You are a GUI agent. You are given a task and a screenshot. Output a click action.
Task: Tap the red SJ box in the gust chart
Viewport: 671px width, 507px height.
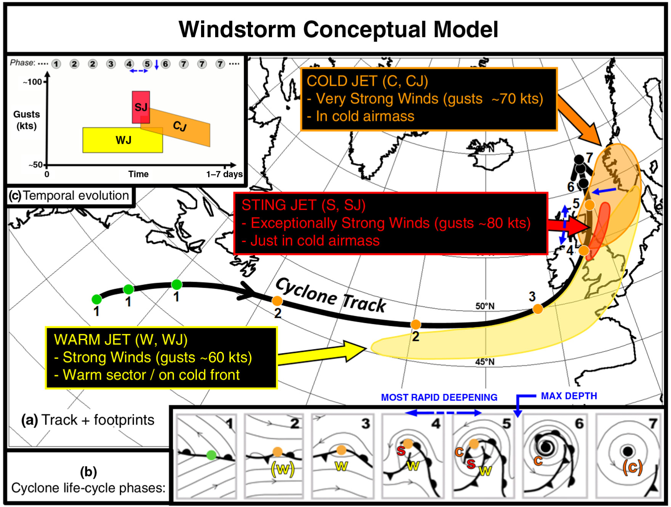(x=141, y=107)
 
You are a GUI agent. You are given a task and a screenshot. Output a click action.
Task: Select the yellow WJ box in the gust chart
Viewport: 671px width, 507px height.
(x=123, y=140)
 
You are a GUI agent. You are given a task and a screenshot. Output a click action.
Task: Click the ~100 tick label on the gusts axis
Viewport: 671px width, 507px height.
(x=32, y=82)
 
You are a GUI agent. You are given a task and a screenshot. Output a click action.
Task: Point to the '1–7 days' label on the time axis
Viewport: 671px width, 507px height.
(x=224, y=174)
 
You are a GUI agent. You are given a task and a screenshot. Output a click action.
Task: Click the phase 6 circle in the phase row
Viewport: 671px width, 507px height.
(x=165, y=64)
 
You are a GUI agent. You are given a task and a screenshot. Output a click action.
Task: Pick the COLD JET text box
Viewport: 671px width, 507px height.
(x=429, y=99)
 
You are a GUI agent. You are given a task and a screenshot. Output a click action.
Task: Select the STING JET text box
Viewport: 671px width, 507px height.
(x=390, y=223)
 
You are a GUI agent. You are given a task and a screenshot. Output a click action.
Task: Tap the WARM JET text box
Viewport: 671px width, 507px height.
(x=161, y=357)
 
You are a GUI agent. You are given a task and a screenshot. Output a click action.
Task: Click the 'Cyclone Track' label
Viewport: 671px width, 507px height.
(x=331, y=295)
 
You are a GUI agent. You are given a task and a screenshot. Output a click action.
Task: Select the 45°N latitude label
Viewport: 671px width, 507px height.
(x=484, y=362)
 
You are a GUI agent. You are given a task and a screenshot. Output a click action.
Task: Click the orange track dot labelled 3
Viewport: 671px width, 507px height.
(x=538, y=309)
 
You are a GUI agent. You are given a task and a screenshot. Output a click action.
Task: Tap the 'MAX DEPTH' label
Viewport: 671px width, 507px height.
(x=569, y=396)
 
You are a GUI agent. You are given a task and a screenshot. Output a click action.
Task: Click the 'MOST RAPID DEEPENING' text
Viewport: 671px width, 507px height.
(x=439, y=397)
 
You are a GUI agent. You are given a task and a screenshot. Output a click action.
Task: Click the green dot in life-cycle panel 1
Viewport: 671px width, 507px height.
(x=211, y=454)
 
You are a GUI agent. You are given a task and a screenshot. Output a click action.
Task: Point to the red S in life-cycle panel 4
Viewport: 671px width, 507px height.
(x=401, y=451)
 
